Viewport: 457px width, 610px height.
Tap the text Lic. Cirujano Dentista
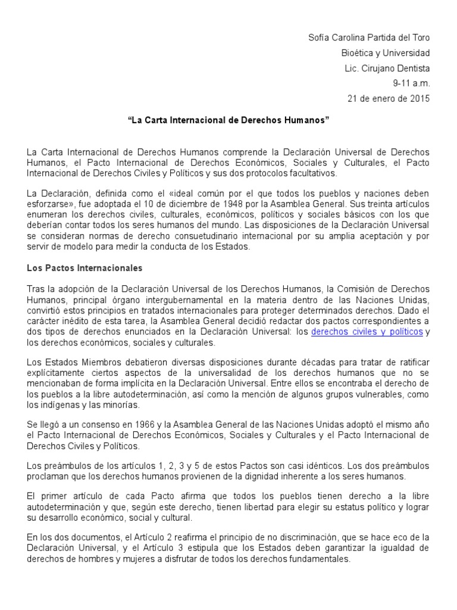click(387, 69)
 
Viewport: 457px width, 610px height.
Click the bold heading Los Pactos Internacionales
click(84, 268)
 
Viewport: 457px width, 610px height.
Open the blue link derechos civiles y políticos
click(367, 332)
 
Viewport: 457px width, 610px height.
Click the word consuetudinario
click(220, 236)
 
